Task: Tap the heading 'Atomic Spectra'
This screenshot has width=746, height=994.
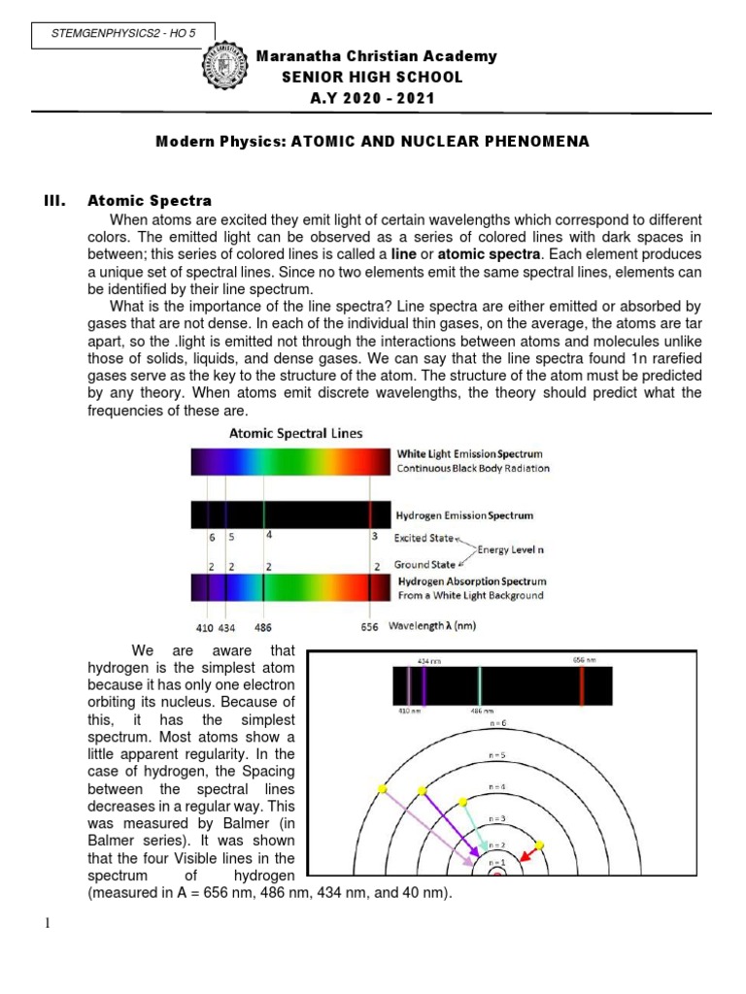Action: point(149,201)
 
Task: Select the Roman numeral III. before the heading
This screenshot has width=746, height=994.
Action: point(54,201)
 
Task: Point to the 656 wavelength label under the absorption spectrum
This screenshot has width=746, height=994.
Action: point(370,627)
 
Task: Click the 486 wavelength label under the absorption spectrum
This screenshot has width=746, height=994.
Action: point(262,627)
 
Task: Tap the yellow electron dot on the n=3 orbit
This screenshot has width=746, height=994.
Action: point(540,846)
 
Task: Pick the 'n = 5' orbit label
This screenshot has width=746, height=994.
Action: point(496,753)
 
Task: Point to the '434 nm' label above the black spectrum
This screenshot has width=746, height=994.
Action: point(424,660)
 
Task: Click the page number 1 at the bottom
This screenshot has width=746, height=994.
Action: point(47,922)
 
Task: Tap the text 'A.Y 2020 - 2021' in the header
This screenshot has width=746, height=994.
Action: point(372,98)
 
